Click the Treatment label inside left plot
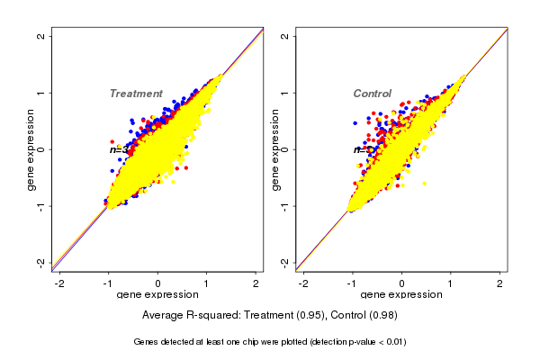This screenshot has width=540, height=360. (x=136, y=94)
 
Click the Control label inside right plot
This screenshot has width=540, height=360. (x=372, y=94)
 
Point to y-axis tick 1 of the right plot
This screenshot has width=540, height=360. (x=285, y=93)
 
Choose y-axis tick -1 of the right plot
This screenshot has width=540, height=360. (x=285, y=205)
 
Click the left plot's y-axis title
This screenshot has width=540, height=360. (x=31, y=149)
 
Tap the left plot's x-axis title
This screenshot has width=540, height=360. (x=158, y=296)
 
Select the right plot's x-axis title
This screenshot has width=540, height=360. (x=401, y=296)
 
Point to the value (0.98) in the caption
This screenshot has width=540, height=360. (x=381, y=316)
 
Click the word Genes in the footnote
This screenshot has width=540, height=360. (x=147, y=342)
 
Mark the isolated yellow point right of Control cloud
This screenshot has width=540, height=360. (x=425, y=184)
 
